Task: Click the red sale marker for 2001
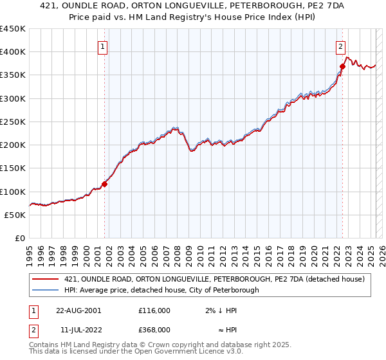pos(104,184)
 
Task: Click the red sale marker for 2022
pos(342,67)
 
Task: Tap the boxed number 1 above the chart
pos(103,46)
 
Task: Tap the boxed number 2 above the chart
pos(340,46)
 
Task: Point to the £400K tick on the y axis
pos(13,52)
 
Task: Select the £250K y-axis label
pos(13,122)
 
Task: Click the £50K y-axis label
pos(15,215)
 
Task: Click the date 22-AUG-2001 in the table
pos(78,310)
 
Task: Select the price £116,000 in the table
pos(154,310)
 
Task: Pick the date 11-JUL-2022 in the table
pos(78,330)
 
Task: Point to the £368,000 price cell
pos(154,330)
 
